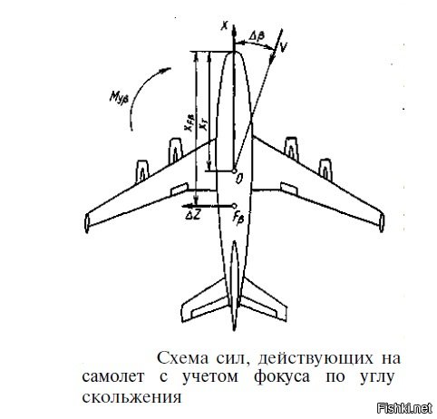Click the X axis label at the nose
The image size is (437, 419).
point(224,26)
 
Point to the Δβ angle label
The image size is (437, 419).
point(257,36)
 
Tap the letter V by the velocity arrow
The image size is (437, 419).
point(283,46)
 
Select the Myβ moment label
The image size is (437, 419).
point(119,97)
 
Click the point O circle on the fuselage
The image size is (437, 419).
point(234,171)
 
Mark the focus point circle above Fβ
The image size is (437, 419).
point(234,206)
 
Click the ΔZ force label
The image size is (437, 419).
point(192,215)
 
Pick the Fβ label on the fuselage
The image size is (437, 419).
point(238,218)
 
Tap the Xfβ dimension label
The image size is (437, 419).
point(189,122)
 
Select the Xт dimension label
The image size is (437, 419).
point(204,125)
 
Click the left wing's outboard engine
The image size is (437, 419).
point(142,171)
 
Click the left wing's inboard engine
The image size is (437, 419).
point(176,151)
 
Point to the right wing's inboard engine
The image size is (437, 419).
point(291,149)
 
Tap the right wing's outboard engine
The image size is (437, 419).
point(325,170)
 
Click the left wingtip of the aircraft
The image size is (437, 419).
point(87,223)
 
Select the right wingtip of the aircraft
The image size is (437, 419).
point(382,222)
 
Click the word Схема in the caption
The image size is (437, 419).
point(183,358)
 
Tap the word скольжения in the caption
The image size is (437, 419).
point(131,396)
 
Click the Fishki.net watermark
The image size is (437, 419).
point(405,408)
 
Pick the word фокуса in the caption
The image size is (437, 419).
point(282,377)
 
